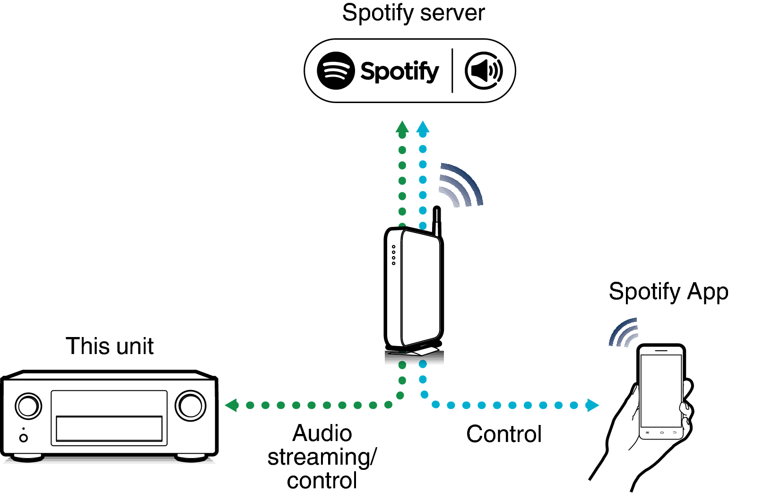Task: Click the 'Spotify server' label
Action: tap(413, 13)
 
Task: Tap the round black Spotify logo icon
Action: tap(335, 70)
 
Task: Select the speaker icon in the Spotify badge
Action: tap(484, 71)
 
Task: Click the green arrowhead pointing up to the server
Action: tap(402, 128)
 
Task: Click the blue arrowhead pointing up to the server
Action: tap(423, 128)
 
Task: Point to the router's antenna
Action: tap(437, 220)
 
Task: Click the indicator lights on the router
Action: tap(393, 255)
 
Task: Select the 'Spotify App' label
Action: tap(668, 292)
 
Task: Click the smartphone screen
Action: tap(660, 390)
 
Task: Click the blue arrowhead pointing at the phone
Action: tap(592, 405)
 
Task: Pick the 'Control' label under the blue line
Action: tap(503, 434)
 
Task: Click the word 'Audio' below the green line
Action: tap(322, 433)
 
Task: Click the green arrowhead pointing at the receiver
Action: tap(232, 405)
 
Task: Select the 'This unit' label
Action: tap(110, 346)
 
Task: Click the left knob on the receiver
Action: tap(28, 406)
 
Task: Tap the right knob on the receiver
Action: tap(191, 405)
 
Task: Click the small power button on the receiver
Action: tap(23, 438)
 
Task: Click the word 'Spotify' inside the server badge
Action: tap(399, 71)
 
